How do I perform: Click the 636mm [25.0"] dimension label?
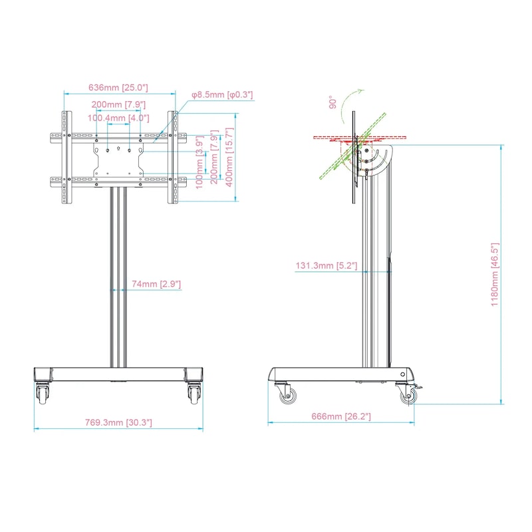118,88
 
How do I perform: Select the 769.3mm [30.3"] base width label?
118,422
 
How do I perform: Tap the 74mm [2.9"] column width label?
156,284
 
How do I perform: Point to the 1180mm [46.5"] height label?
495,275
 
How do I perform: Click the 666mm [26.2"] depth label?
341,416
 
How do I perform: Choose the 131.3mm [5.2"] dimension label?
327,265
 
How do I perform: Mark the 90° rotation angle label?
333,102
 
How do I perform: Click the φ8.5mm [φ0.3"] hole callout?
222,94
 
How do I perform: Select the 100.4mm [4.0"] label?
118,118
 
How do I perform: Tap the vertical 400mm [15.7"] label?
229,157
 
